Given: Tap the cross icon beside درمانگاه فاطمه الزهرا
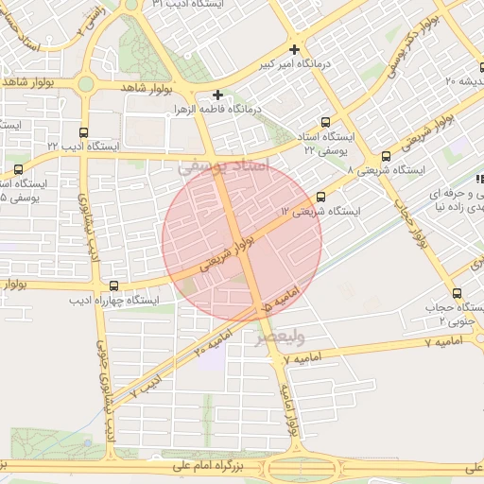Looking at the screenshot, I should pos(217,95).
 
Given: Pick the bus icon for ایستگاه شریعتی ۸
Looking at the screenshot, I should pos(386,156).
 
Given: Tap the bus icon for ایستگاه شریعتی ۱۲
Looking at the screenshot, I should pos(320,198).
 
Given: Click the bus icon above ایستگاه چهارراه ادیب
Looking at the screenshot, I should pos(114,285).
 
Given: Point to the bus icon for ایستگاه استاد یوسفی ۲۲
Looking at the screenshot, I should pos(326,122).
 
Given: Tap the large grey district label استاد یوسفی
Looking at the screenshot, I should pos(223,166).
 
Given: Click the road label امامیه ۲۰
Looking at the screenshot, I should pos(213,342).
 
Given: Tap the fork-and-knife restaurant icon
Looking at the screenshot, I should pos(479,179).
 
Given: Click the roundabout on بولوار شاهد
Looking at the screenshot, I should pos(86,83).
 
